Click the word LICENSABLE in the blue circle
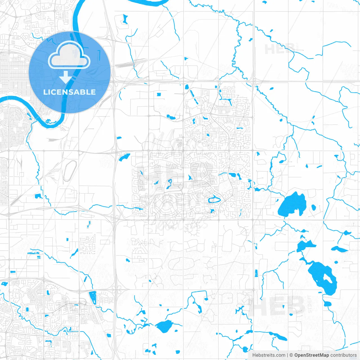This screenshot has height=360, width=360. coord(69,92)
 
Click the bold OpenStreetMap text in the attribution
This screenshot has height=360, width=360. coord(311,355)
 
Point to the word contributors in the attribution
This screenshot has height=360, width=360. coord(343,355)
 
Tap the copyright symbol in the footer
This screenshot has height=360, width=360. coord(291,355)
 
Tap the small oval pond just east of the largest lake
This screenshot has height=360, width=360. coord(314,208)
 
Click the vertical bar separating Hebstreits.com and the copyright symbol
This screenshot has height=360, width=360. coord(287,355)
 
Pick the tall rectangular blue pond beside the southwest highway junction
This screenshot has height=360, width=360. coord(93,298)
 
